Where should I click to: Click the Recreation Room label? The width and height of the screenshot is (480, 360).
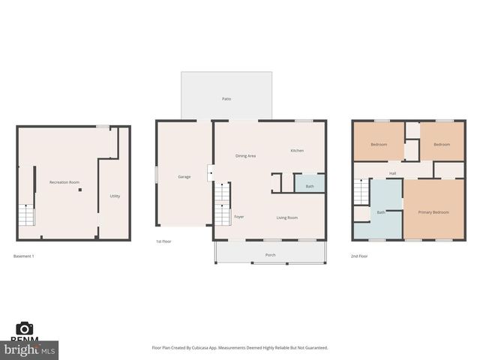pyautogui.click(x=64, y=182)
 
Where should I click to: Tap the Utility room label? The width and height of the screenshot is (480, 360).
pyautogui.click(x=115, y=196)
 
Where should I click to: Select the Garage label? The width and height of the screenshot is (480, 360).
pyautogui.click(x=184, y=176)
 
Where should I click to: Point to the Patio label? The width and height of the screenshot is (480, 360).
pyautogui.click(x=226, y=98)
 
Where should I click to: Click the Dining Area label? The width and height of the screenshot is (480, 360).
pyautogui.click(x=245, y=155)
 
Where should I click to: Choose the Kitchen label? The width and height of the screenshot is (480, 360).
pyautogui.click(x=297, y=151)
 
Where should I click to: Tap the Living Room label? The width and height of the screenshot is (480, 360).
pyautogui.click(x=287, y=217)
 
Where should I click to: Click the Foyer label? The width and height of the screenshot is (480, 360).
pyautogui.click(x=239, y=217)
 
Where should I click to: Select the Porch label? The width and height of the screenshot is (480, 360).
pyautogui.click(x=270, y=255)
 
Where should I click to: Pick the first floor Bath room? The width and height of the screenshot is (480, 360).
pyautogui.click(x=310, y=185)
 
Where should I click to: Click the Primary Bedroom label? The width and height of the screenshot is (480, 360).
pyautogui.click(x=433, y=212)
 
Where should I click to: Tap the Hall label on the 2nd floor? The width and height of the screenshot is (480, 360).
pyautogui.click(x=392, y=173)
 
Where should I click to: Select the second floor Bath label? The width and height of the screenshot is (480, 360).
pyautogui.click(x=381, y=212)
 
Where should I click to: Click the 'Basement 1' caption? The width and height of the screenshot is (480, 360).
pyautogui.click(x=24, y=256)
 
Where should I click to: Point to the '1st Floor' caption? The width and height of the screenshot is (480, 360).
pyautogui.click(x=163, y=241)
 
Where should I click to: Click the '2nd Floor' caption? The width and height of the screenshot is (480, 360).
pyautogui.click(x=359, y=256)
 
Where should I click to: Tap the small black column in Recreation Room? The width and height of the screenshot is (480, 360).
pyautogui.click(x=80, y=190)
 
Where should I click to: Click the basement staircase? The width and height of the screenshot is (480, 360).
pyautogui.click(x=26, y=215)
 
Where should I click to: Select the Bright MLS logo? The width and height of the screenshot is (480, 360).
pyautogui.click(x=29, y=349)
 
